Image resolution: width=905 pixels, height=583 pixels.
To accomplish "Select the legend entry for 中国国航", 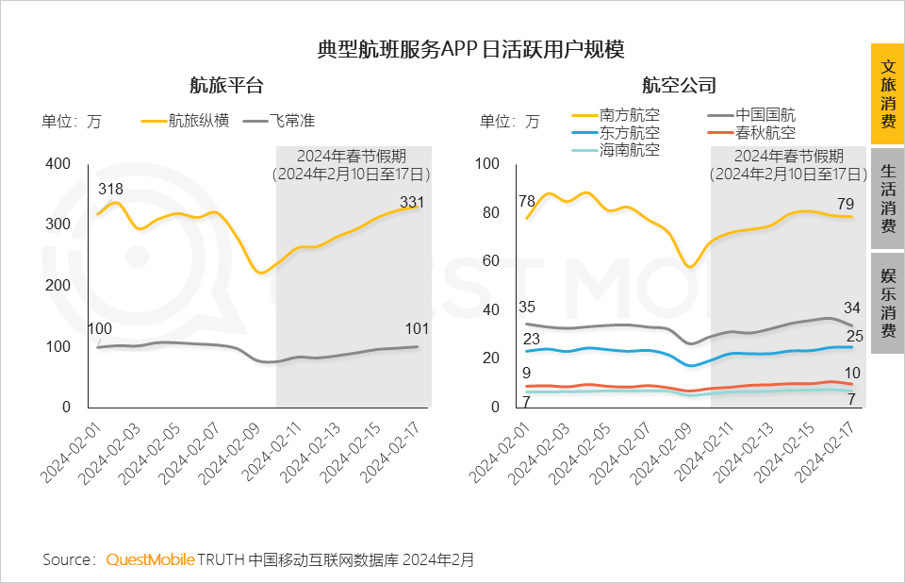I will [765, 115].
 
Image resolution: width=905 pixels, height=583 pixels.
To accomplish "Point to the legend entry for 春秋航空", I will [765, 133].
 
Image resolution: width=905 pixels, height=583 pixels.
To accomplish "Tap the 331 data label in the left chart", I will [412, 201].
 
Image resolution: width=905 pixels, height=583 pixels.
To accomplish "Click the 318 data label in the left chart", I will [111, 190].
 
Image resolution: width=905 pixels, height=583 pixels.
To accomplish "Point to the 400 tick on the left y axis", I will [58, 163].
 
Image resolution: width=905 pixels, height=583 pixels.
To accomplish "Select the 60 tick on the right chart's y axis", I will [487, 260].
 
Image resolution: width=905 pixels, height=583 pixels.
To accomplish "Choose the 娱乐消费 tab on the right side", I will [887, 303].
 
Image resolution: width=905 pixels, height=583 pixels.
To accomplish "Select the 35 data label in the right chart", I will [527, 308].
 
